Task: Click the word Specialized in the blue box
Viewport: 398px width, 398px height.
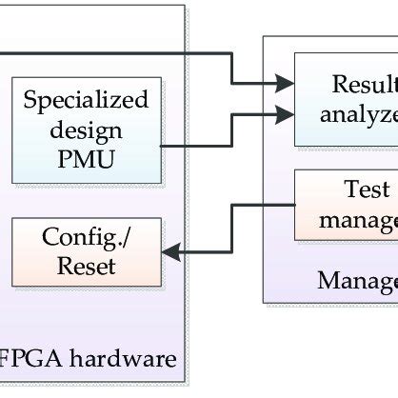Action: tap(86, 100)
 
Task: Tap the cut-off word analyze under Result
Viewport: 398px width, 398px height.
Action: tap(358, 115)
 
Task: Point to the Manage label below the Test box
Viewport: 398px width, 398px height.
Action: tap(357, 281)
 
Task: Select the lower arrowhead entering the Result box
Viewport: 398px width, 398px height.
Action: tap(285, 113)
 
